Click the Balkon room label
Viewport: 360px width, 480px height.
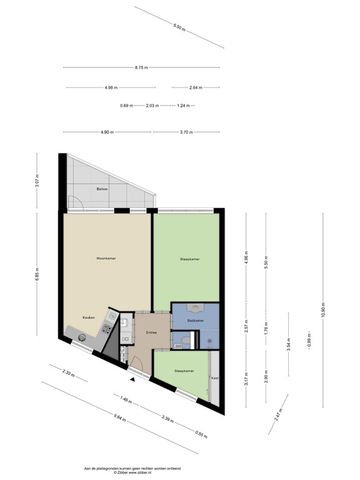tap(102, 188)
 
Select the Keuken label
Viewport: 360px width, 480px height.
tap(89, 317)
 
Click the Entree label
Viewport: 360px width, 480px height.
tap(151, 332)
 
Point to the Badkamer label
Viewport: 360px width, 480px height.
tap(196, 320)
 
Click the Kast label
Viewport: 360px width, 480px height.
tap(214, 378)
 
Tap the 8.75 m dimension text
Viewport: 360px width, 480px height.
tap(141, 68)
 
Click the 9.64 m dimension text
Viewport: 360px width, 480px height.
tap(119, 419)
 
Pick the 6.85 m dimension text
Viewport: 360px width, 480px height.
tap(37, 277)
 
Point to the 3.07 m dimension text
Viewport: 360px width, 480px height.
tap(37, 181)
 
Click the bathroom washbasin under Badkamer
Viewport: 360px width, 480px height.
tap(196, 307)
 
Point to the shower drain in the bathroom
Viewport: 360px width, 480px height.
tap(209, 341)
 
